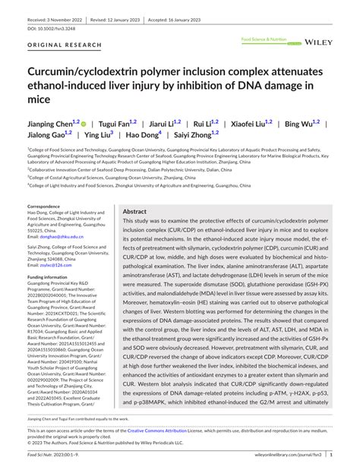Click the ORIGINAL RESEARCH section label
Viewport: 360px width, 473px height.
(58, 45)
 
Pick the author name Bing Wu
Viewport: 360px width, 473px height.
(298, 122)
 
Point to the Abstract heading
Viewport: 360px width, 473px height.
(134, 212)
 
